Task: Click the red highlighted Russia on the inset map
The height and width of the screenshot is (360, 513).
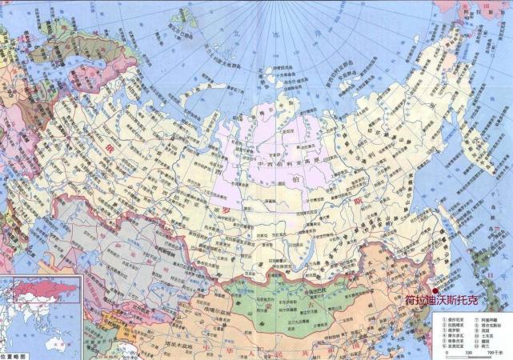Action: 48,286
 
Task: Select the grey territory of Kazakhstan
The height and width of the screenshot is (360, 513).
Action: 96,240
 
